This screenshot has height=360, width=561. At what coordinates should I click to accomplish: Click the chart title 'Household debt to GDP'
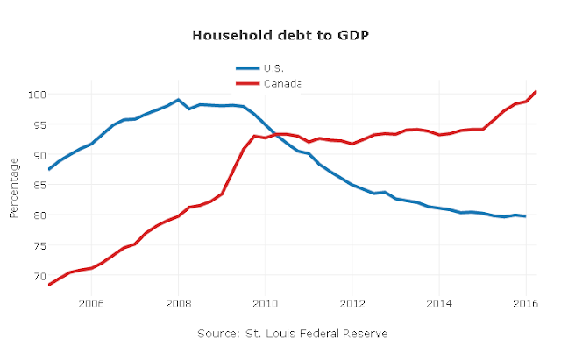[x=280, y=35]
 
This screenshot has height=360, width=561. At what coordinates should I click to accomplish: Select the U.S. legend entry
[x=259, y=68]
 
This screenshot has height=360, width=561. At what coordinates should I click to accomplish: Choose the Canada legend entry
[x=268, y=84]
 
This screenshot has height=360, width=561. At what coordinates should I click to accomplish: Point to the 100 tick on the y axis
[x=37, y=95]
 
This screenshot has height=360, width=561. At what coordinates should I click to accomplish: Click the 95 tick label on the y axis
[x=40, y=125]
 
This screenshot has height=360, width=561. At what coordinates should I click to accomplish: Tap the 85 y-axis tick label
[x=40, y=186]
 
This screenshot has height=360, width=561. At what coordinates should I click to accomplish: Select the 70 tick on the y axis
[x=40, y=276]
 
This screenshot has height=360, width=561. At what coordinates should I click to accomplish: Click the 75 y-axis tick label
[x=40, y=246]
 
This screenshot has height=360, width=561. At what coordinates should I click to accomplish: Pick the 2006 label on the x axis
[x=91, y=304]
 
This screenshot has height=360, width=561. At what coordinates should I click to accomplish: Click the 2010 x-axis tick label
[x=265, y=304]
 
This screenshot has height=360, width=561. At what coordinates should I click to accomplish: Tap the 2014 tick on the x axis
[x=439, y=304]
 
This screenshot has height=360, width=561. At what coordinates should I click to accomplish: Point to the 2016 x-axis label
[x=525, y=304]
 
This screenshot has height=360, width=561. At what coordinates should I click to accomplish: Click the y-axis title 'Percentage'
[x=14, y=188]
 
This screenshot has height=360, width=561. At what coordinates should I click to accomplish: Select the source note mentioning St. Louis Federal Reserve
[x=293, y=334]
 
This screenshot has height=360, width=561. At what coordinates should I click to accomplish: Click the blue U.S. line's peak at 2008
[x=178, y=100]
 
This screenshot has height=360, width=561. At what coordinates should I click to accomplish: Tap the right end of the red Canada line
[x=536, y=91]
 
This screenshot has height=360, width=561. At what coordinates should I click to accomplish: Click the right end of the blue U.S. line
[x=525, y=216]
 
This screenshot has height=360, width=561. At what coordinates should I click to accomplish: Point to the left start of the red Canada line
[x=49, y=285]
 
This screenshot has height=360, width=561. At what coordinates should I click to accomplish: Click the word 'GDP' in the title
[x=353, y=35]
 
